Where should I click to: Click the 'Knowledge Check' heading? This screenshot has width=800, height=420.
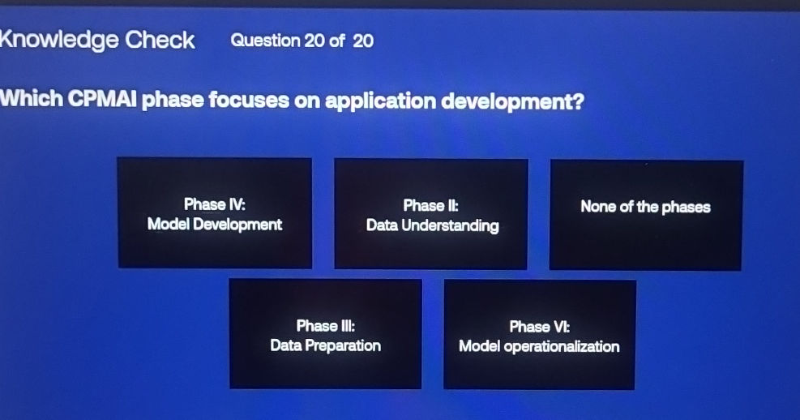pos(97,40)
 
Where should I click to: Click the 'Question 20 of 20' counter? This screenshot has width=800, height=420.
pos(302,41)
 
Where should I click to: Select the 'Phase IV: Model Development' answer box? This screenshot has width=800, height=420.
pos(215,213)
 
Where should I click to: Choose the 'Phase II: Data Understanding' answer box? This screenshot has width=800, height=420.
pos(431,214)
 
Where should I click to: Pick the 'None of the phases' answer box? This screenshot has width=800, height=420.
pos(645,215)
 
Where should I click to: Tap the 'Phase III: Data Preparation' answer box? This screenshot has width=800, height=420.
pos(325,334)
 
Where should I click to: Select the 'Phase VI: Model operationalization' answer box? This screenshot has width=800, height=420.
pos(539,335)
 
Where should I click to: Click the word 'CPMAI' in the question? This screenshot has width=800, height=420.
pos(104,102)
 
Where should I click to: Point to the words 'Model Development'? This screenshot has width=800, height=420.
pos(215,225)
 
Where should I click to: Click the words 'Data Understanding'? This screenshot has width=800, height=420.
pos(432,226)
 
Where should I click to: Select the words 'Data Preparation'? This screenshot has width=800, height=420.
pos(325,345)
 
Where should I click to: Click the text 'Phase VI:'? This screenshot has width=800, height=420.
pos(539,327)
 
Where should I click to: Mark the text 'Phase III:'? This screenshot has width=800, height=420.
pos(325,326)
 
